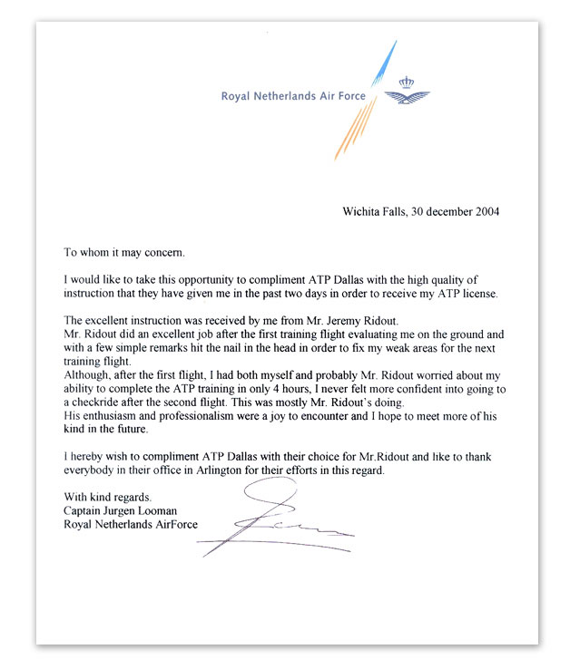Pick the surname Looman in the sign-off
172,510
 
